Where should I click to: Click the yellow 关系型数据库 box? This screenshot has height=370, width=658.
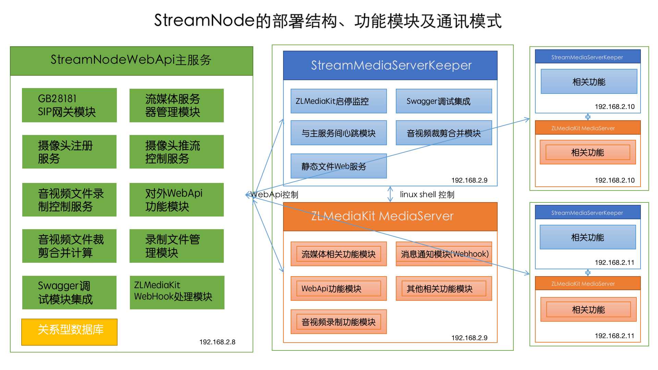tap(69, 332)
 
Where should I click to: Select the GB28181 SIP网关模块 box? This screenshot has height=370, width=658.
tap(69, 105)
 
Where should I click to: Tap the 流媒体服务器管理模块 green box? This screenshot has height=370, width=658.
tap(176, 105)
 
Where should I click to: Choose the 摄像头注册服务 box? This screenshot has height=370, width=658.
tap(69, 152)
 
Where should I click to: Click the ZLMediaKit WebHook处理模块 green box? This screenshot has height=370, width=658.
tap(177, 292)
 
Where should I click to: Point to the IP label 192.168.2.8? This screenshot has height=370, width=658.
tap(217, 342)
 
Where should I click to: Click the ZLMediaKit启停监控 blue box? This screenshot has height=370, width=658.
tap(339, 101)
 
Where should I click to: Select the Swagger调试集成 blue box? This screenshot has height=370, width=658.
tap(444, 101)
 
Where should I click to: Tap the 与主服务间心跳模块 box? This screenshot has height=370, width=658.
tap(339, 133)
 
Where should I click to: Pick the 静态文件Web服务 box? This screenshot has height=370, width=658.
tap(339, 166)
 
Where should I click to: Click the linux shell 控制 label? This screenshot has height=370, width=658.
tap(427, 195)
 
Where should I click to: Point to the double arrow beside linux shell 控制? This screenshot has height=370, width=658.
tap(390, 194)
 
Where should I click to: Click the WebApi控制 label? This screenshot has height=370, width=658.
tap(275, 195)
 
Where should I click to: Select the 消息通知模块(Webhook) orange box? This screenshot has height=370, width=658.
tap(444, 254)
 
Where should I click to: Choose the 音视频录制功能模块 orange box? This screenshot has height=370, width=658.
tap(339, 322)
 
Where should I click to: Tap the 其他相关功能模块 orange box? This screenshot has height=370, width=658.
tap(444, 288)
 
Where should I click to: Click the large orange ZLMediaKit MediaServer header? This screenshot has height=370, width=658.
tap(390, 216)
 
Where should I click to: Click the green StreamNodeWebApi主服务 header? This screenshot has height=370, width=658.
tap(131, 60)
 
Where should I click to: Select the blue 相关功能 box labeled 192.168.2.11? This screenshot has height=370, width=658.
tap(588, 237)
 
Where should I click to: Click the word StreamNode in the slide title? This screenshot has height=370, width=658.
tap(204, 20)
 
